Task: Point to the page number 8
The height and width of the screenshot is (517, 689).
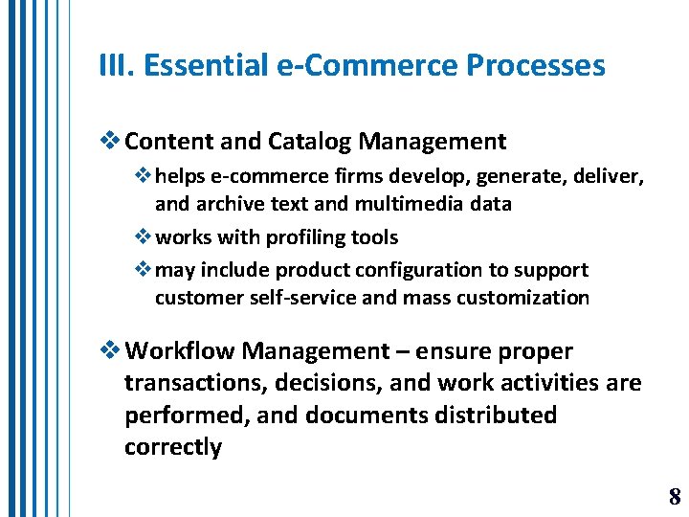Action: point(675,496)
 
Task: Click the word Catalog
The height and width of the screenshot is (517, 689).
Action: point(309,143)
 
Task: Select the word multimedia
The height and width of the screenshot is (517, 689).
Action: point(423,203)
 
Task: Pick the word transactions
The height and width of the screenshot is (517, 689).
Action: point(194,383)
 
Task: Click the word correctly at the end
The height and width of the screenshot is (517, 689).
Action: point(172,447)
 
